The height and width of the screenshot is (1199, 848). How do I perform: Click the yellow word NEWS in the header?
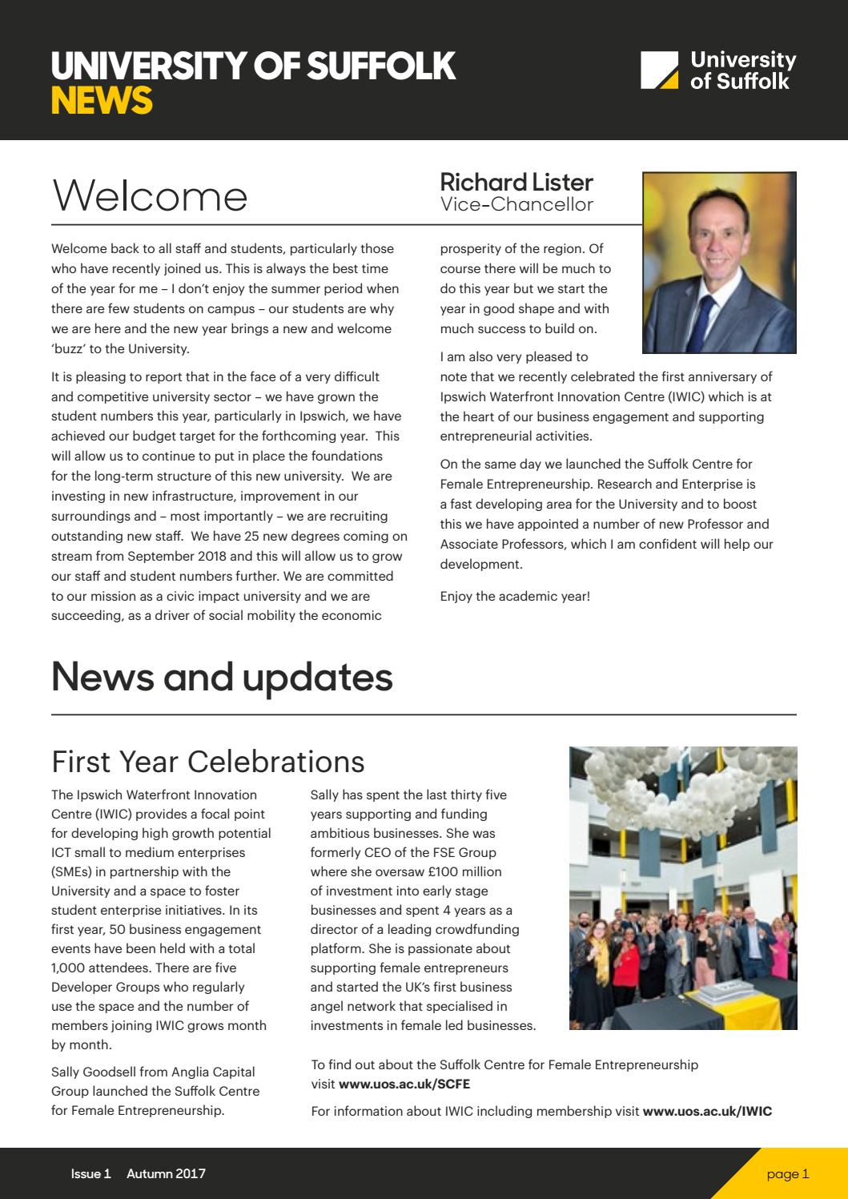point(102,101)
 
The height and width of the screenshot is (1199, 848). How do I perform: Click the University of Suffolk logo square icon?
point(660,70)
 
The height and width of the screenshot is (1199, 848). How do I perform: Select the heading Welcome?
point(150,196)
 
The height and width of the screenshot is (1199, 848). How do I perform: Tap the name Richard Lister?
point(516,182)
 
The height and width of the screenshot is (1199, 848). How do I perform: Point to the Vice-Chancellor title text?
point(516,204)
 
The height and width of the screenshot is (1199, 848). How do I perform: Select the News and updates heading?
point(222,677)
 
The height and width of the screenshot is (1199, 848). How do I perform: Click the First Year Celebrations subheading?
point(207,762)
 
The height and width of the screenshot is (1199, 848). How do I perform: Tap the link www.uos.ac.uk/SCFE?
point(404,1084)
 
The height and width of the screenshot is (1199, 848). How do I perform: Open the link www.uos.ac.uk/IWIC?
point(707,1111)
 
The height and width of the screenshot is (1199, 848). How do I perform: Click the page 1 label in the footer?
point(787,1174)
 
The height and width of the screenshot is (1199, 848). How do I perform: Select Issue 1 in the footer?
point(90,1174)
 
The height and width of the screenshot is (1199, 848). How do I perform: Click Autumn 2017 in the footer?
point(165,1174)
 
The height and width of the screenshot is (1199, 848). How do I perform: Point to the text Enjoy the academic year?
point(515,596)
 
